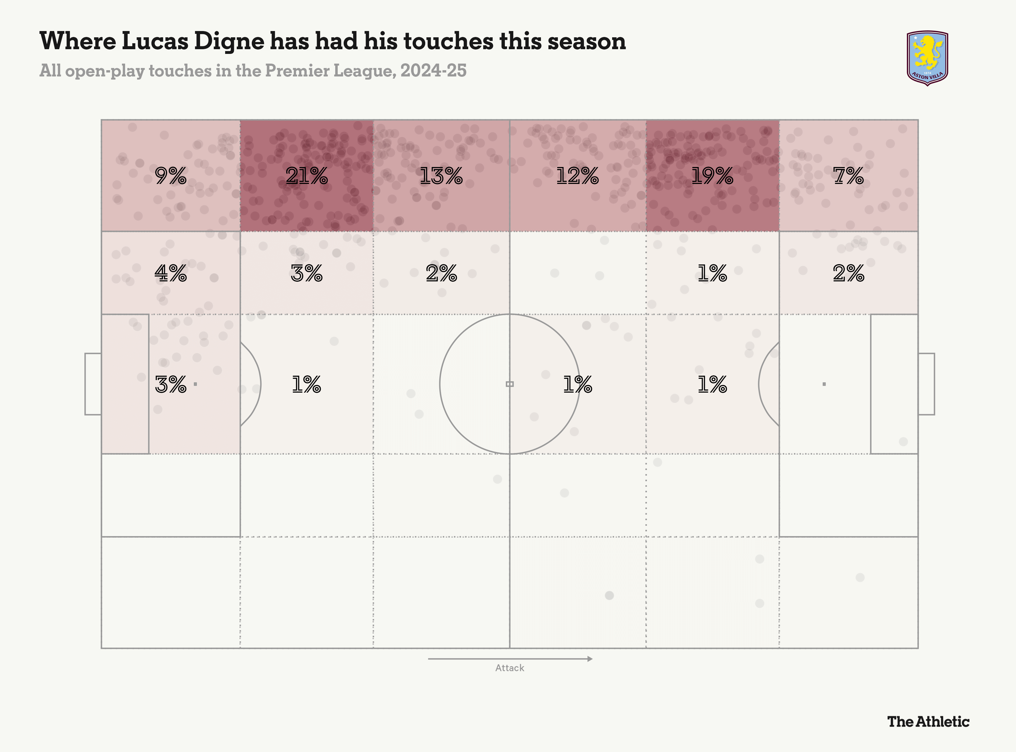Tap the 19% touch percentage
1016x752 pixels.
tap(712, 176)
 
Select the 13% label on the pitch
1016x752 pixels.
tap(441, 176)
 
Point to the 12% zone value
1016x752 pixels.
tap(577, 176)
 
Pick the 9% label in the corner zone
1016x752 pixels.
tap(170, 176)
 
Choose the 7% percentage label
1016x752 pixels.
tap(848, 176)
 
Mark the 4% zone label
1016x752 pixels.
tap(170, 273)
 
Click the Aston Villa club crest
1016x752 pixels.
tap(927, 58)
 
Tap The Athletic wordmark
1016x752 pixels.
tap(928, 722)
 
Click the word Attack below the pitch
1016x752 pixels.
tap(510, 668)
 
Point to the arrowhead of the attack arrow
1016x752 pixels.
tap(590, 659)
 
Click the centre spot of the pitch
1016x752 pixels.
tap(510, 384)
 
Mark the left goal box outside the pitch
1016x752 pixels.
tap(93, 384)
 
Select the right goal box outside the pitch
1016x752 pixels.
tap(926, 384)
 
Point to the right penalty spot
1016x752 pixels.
tap(824, 384)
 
